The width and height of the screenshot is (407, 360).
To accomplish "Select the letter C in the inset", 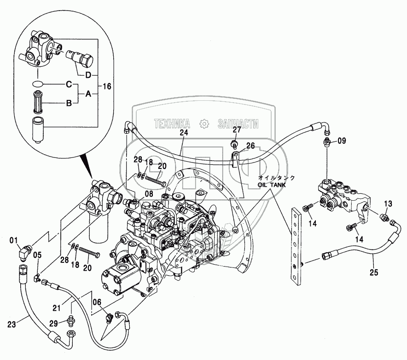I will click(69, 84).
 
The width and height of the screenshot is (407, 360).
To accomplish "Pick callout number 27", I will click(236, 129).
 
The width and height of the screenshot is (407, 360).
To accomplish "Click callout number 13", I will click(388, 204).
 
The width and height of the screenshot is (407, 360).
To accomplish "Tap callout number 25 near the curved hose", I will click(373, 272).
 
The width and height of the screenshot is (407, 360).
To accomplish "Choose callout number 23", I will click(12, 323).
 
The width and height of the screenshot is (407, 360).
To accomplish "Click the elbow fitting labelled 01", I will click(25, 252).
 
